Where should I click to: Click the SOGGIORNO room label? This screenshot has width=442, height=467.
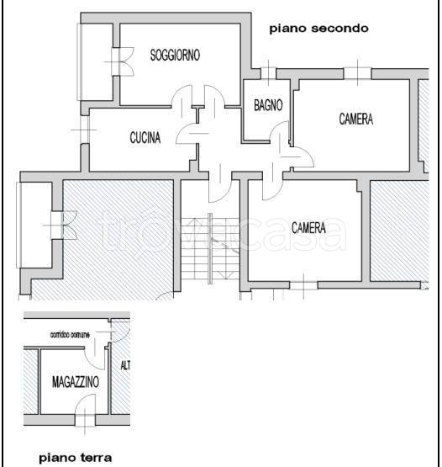[x=175, y=56]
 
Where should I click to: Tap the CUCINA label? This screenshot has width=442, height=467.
[x=145, y=139]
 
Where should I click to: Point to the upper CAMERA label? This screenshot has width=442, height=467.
[x=355, y=119]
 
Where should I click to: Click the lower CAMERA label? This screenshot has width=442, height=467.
[x=308, y=227]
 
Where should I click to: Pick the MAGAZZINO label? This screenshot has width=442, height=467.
[x=74, y=381]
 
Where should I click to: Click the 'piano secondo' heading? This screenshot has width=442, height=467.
[x=318, y=29]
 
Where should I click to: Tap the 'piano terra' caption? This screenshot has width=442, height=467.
[x=76, y=458]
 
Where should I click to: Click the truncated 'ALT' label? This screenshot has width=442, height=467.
[x=124, y=366]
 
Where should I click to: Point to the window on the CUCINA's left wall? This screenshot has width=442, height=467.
[x=82, y=130]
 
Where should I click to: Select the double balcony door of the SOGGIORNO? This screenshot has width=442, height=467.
[x=118, y=63]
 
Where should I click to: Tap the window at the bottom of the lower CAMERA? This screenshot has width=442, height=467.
[x=303, y=286]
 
